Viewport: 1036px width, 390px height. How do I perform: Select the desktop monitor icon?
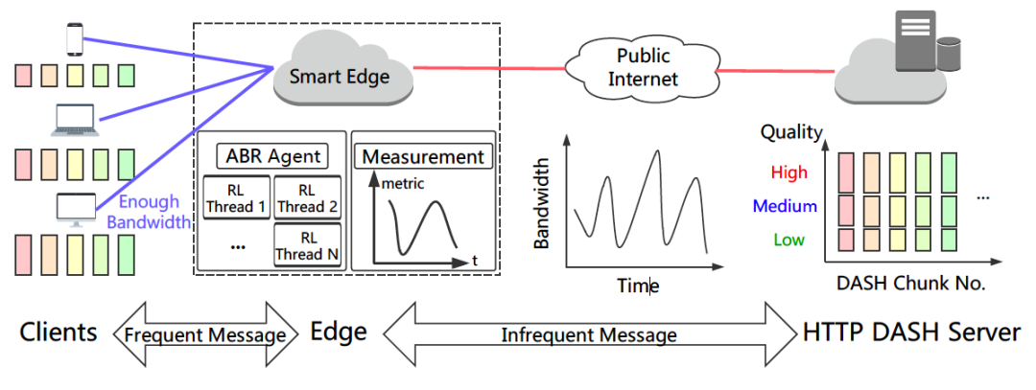point(76,206)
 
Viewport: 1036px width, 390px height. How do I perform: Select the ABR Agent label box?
point(272,155)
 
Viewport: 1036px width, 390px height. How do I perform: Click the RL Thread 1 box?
point(235,197)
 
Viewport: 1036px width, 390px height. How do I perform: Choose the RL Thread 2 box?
point(306,197)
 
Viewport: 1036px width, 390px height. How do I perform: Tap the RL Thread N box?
point(306,245)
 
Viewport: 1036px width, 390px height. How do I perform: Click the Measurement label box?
point(423,156)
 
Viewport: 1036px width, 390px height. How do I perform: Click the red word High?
point(789,172)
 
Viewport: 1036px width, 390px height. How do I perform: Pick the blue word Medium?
point(785,206)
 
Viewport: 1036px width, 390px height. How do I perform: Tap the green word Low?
point(789,240)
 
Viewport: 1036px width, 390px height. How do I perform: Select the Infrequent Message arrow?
point(588,334)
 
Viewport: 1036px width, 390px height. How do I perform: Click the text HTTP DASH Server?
point(911,333)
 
